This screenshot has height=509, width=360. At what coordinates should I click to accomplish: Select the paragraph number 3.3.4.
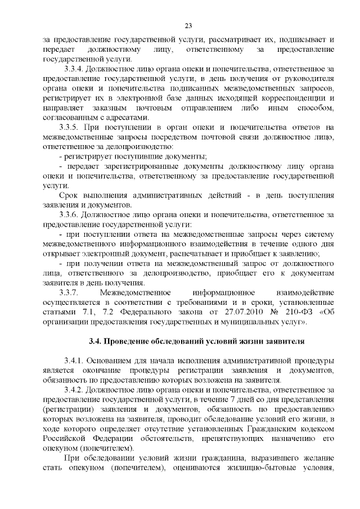75,69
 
